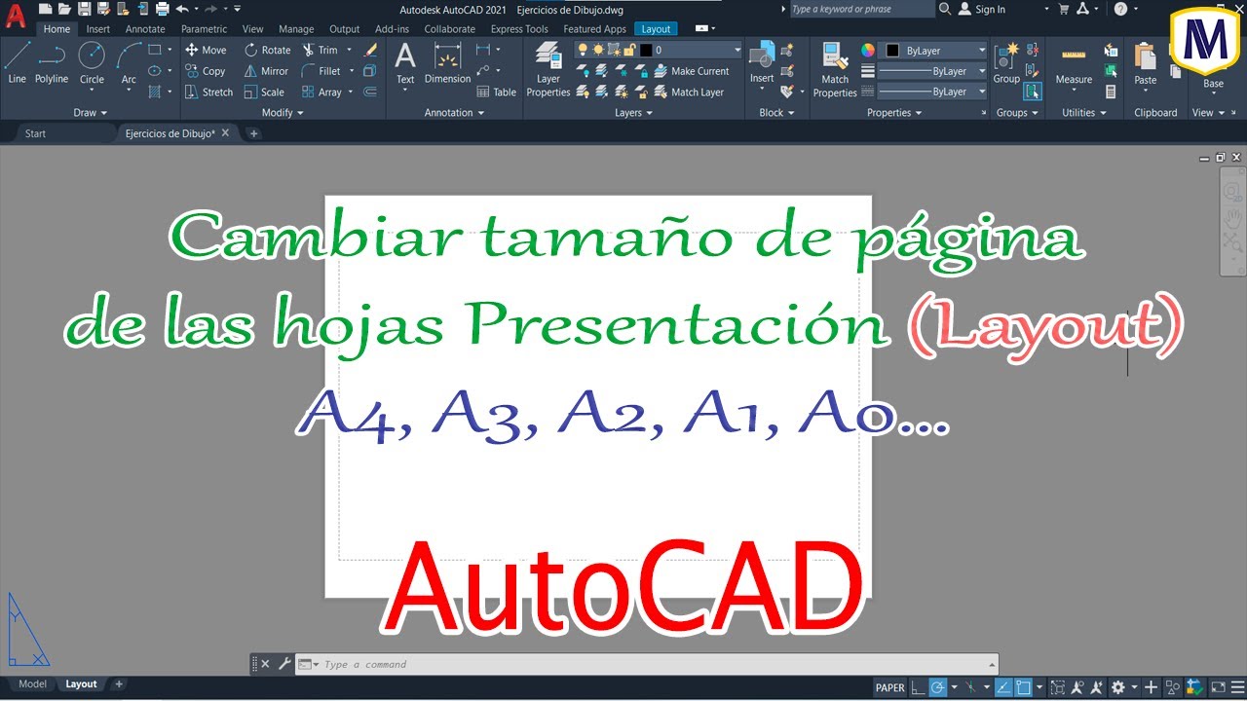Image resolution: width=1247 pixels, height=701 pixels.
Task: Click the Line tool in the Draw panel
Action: [17, 62]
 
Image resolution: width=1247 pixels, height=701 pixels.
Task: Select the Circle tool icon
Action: [92, 56]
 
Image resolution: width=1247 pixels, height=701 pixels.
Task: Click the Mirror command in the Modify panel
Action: [267, 71]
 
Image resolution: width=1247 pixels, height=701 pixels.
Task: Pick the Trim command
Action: [321, 50]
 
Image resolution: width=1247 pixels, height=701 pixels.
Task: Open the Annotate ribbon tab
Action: [145, 29]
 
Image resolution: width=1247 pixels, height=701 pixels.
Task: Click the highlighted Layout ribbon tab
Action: [656, 29]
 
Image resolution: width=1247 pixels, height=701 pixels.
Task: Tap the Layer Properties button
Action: [548, 70]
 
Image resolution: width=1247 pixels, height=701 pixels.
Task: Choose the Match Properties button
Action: [835, 70]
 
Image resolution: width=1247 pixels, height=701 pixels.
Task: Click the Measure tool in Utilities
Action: [1074, 67]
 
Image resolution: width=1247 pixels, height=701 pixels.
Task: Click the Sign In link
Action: [990, 10]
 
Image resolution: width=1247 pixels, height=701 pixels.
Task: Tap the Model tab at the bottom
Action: [32, 684]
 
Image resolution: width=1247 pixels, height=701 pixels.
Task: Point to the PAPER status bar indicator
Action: [889, 687]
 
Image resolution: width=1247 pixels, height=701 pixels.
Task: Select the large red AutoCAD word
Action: [623, 588]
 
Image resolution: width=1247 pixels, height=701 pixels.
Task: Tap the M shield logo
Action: [1206, 40]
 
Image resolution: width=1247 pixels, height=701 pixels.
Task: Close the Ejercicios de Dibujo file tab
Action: [225, 133]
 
